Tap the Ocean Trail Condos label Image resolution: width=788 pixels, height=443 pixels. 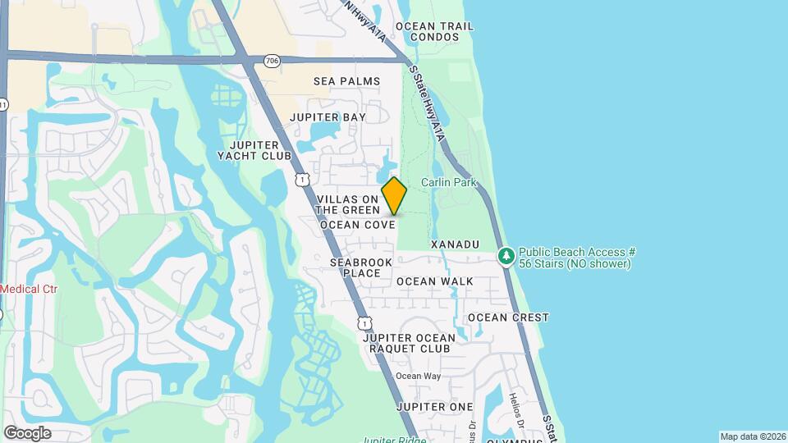tap(434, 31)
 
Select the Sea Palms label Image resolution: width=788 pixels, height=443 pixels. tap(347, 81)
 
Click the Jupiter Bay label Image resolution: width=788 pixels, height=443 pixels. tap(328, 117)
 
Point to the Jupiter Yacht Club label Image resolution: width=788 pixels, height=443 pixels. tap(254, 149)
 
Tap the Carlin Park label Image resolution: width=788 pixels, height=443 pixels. tap(449, 182)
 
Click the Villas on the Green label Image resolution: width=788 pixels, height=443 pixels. tap(348, 205)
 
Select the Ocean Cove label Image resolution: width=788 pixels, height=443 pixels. tap(357, 224)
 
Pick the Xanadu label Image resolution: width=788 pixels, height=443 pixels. tap(454, 245)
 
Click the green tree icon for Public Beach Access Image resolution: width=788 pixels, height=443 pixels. tap(506, 257)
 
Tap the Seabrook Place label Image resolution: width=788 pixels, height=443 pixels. tap(357, 267)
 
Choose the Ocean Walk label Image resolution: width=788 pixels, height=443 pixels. tap(434, 281)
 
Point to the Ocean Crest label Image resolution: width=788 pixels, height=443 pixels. tap(508, 317)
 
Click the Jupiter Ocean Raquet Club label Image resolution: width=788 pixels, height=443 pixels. tap(408, 343)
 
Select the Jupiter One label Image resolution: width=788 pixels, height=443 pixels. tap(434, 407)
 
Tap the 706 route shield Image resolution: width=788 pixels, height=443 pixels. tap(271, 61)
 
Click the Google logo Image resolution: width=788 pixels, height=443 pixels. tap(27, 432)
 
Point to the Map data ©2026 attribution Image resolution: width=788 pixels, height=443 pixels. tap(751, 436)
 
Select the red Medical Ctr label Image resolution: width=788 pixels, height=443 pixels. tap(21, 289)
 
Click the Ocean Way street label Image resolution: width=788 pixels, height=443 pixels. tap(419, 377)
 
